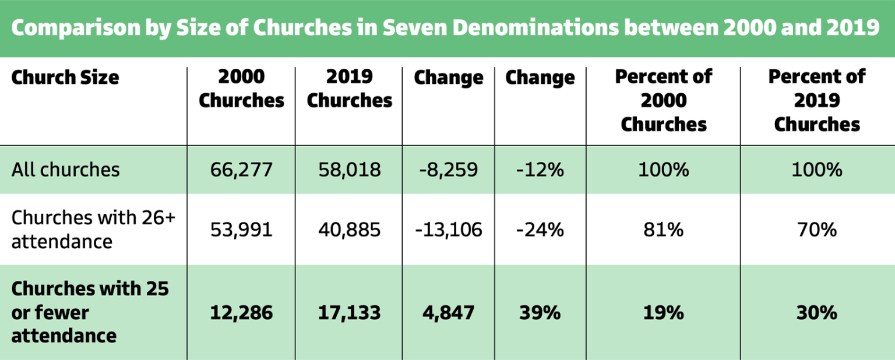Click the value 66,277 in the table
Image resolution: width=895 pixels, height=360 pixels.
point(241,170)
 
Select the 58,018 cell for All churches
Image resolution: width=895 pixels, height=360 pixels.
point(350,170)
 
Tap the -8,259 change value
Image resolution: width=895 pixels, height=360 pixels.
point(449,170)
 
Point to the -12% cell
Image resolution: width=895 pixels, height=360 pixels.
point(540,170)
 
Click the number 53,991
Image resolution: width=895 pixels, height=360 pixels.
point(241,230)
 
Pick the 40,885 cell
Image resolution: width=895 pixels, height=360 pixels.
point(350,230)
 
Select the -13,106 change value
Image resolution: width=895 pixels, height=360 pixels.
point(449,230)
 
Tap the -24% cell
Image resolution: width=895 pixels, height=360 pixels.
point(540,230)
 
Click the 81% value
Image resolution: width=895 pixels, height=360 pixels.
point(664,230)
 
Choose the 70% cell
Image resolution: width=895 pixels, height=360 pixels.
point(817,230)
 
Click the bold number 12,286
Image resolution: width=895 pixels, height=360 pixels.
point(241,312)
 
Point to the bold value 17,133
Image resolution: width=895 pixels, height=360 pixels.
point(350,312)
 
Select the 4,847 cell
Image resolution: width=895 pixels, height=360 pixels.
point(449,312)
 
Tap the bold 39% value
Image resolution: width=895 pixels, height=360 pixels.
point(540,312)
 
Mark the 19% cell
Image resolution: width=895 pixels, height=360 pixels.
point(664,312)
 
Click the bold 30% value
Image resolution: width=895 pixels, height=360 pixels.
point(817,312)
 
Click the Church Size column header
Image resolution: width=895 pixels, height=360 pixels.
point(65,77)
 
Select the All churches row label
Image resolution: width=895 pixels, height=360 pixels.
point(65,170)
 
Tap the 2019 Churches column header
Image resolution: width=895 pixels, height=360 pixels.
point(350,89)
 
